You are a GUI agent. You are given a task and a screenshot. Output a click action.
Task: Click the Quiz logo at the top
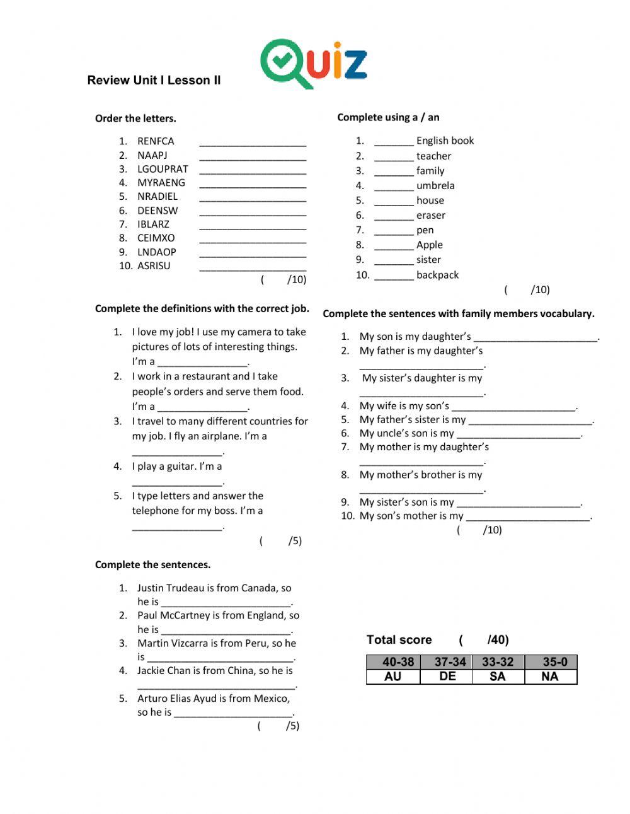coord(313,63)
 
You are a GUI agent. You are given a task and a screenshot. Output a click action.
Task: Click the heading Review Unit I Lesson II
coord(154,80)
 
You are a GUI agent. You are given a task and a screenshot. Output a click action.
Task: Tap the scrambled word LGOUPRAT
coord(163,169)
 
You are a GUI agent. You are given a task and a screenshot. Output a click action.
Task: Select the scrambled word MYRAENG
coord(161,183)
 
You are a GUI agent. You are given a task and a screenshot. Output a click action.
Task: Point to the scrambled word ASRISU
coord(154,266)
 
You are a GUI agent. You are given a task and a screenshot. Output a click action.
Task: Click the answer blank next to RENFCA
coord(253,142)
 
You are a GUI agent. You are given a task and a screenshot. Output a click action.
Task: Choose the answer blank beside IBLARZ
coord(253,226)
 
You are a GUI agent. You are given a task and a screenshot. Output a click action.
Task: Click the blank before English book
coord(394,142)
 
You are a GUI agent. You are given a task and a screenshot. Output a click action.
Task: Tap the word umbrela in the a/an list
coord(435,185)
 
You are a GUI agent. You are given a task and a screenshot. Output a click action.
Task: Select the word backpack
coord(437,275)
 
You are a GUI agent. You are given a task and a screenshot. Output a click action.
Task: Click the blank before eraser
coord(394,216)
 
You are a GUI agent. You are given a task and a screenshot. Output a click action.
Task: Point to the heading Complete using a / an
coord(388,117)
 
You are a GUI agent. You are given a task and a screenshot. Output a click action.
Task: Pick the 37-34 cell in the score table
coord(450,662)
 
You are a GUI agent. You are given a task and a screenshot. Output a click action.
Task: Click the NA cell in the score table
coord(550,677)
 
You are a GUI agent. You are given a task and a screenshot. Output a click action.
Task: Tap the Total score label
coord(399,640)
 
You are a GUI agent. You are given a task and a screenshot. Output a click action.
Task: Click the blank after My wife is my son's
coord(514,407)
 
